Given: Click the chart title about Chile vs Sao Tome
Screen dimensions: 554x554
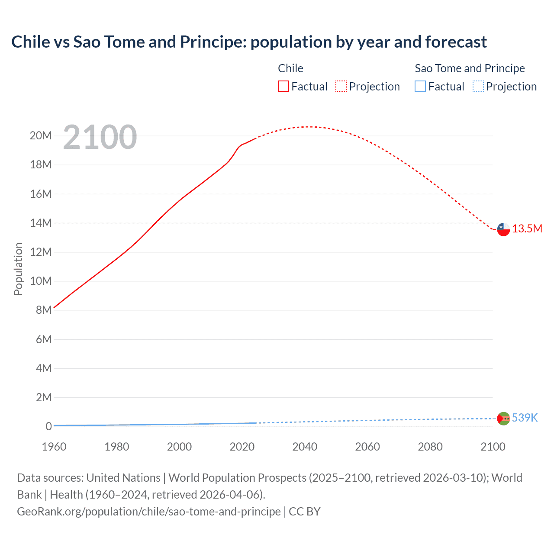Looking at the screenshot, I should [x=249, y=42].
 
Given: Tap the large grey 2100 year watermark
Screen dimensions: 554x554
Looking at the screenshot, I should [x=100, y=137].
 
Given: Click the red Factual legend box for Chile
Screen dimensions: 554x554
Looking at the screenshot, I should [x=283, y=87].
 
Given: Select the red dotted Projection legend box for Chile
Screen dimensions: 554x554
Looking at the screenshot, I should [x=341, y=87].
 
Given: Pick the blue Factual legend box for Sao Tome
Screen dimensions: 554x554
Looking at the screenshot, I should [x=420, y=87].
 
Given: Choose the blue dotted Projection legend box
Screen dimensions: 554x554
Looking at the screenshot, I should [x=478, y=87].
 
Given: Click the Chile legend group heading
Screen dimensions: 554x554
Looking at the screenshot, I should [x=290, y=68].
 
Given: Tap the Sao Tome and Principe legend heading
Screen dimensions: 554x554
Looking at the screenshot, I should [x=470, y=68].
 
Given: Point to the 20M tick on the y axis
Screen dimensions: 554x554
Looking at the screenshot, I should [x=41, y=136].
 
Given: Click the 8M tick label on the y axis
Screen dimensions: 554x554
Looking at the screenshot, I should [x=44, y=310].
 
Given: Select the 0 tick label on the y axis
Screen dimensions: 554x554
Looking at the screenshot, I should [x=48, y=426].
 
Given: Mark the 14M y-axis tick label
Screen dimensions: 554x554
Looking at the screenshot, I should [x=41, y=223].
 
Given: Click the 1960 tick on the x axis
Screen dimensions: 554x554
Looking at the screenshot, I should [x=54, y=447].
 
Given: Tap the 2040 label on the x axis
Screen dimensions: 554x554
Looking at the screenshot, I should [x=305, y=447].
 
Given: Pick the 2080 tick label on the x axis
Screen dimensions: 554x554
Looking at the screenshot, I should [x=430, y=447].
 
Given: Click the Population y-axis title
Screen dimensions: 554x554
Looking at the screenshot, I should [x=18, y=269].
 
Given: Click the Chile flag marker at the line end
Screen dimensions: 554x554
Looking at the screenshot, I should [x=503, y=229].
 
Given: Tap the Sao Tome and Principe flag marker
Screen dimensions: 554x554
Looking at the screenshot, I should [x=503, y=419].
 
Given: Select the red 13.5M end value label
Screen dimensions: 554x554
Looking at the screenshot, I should [x=527, y=229].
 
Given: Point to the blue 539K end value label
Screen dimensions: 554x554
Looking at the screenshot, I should [x=525, y=418].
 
